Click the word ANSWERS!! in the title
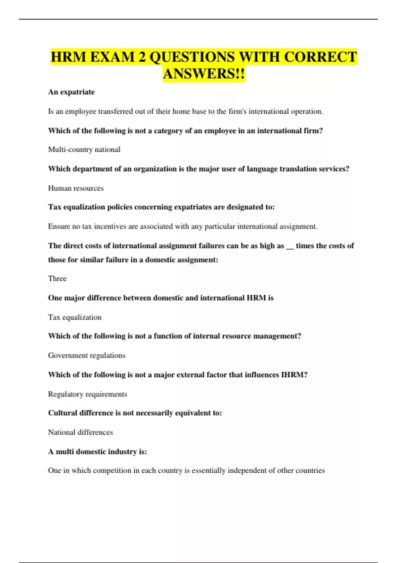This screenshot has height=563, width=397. [204, 74]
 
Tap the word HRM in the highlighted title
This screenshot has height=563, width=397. [68, 57]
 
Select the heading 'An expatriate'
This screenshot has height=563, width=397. [71, 92]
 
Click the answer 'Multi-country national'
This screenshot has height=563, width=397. [84, 149]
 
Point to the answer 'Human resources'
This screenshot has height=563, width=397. [76, 188]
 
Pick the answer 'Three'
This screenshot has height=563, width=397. [57, 279]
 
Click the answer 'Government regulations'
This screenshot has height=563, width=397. [87, 355]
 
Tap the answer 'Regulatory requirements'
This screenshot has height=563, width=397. [87, 394]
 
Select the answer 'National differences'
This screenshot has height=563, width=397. [80, 432]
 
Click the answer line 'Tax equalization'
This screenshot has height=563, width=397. [75, 317]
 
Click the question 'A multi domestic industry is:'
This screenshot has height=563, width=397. [98, 451]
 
